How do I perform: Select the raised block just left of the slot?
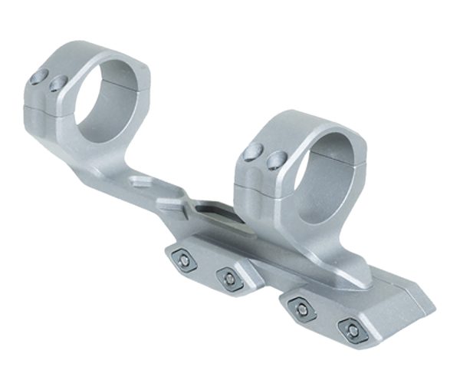[170, 202]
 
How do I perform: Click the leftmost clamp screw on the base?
[184, 261]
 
